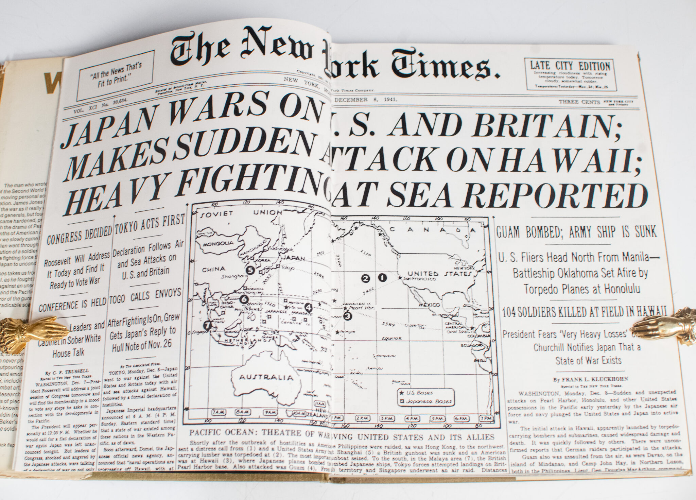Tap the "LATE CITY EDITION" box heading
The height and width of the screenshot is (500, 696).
570,65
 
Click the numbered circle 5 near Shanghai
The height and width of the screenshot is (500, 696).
250,270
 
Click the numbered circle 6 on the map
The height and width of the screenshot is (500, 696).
243,299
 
